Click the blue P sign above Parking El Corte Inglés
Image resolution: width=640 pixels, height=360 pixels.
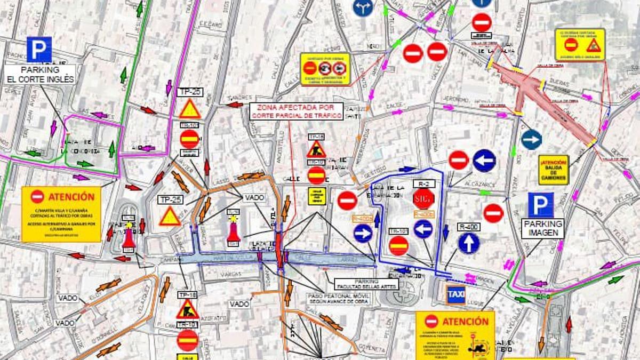(39, 49)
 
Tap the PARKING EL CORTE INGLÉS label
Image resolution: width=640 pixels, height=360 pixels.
(41, 75)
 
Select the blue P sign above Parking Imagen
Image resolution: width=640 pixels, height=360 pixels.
(541, 205)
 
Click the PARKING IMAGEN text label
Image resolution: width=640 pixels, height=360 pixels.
(543, 228)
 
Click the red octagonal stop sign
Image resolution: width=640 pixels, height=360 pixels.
(423, 199)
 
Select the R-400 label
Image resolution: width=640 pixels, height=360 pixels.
(468, 226)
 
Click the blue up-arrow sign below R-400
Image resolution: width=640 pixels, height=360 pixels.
(468, 243)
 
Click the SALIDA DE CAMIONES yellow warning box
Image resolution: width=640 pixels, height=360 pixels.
(554, 170)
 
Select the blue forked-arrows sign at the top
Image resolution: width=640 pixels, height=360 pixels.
(363, 7)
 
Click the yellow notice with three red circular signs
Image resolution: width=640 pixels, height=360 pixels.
(325, 69)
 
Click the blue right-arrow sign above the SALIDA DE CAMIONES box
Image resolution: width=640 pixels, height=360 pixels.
(531, 139)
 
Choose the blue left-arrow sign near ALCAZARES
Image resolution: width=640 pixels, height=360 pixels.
(484, 161)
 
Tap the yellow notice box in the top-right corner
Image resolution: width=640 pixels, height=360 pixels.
(580, 44)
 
